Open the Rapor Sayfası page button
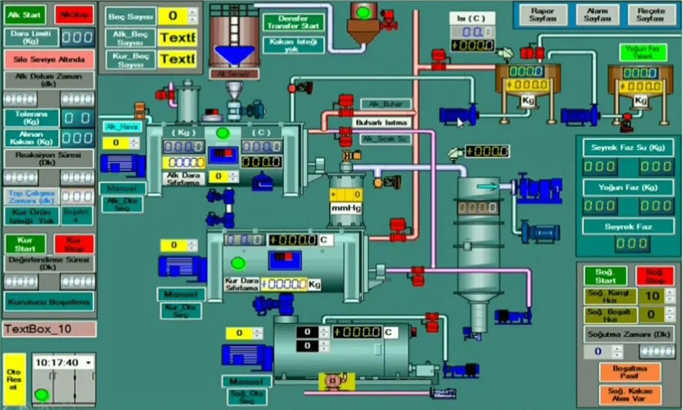tap(542, 15)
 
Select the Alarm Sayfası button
tap(597, 15)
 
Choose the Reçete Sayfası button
tap(650, 15)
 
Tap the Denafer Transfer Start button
tap(293, 22)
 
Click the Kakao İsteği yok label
tap(293, 45)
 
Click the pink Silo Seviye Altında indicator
tap(49, 59)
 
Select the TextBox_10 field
tap(49, 329)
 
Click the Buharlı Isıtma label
tap(382, 122)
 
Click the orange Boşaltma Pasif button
tap(629, 371)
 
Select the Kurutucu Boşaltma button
tap(49, 301)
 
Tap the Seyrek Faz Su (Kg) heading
tap(628, 147)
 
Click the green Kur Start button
tap(25, 243)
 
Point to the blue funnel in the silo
tap(234, 55)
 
